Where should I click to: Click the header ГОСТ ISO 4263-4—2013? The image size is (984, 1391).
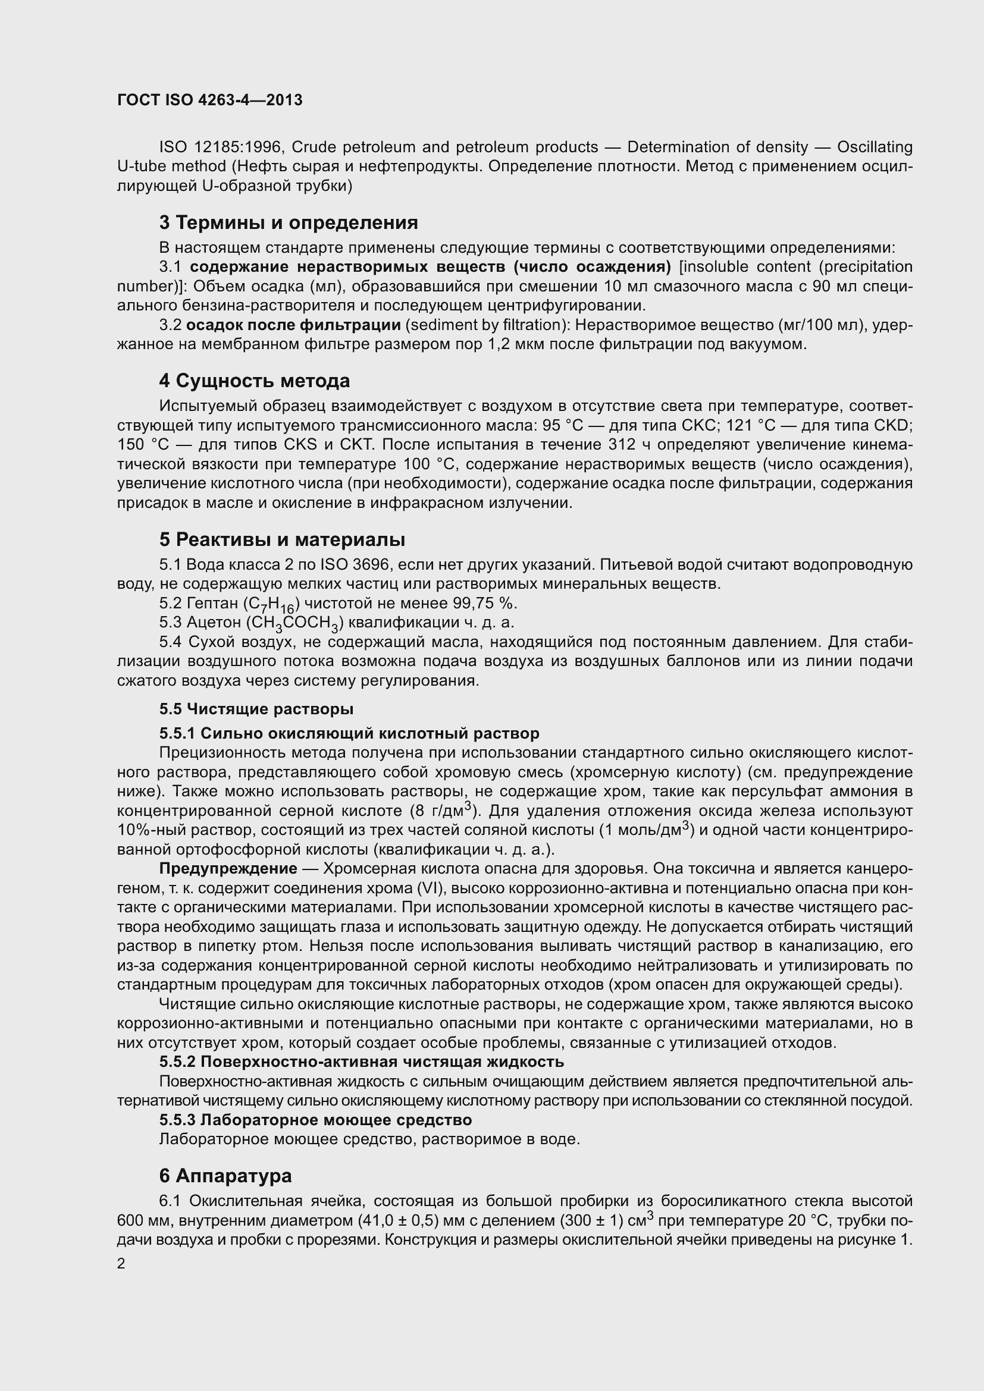(209, 100)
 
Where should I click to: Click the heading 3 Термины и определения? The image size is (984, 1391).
(289, 223)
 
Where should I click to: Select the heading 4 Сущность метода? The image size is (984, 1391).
(255, 381)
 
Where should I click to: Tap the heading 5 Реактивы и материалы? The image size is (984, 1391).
(283, 539)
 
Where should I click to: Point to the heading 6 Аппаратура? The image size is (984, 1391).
(225, 1175)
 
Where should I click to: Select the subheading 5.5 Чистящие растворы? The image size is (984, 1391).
(256, 708)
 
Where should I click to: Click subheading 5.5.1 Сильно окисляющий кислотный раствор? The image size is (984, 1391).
(349, 733)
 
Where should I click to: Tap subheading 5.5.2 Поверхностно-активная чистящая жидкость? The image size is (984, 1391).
(362, 1062)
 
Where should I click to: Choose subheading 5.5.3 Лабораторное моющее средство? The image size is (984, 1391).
(315, 1120)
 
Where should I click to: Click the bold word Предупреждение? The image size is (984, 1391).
(228, 869)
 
